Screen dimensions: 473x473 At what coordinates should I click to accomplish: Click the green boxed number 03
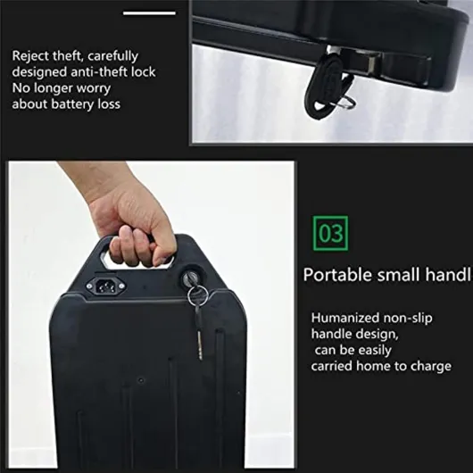point(330,233)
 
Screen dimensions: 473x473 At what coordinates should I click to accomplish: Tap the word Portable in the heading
point(338,275)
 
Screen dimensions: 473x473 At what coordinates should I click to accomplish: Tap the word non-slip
point(408,319)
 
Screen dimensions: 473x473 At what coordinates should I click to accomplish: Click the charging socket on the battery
point(105,286)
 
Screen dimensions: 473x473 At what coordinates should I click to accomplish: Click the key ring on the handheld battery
point(198,295)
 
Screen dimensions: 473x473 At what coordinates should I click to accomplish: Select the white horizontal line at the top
point(149,13)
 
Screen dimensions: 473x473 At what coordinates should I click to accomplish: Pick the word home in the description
point(373,366)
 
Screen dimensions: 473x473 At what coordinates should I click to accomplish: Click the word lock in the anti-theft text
point(144,71)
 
